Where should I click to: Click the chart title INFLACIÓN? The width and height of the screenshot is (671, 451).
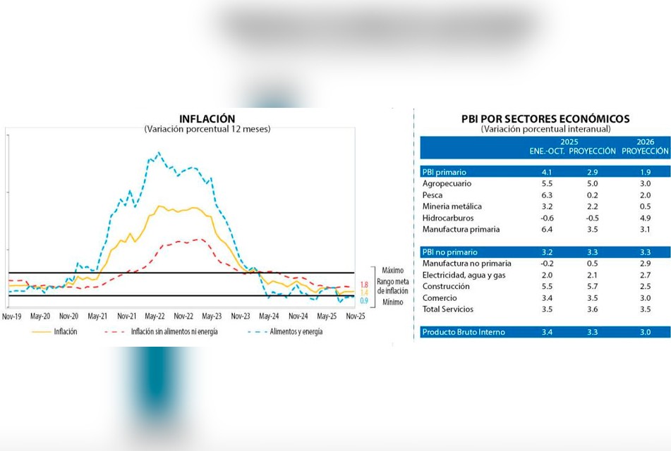[207, 118]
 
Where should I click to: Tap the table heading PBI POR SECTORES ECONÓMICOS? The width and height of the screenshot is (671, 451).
[545, 119]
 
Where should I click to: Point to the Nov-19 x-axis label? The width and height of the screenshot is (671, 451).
[11, 316]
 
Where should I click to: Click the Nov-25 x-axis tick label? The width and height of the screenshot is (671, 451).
[355, 316]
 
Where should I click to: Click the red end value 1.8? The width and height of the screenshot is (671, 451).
[364, 285]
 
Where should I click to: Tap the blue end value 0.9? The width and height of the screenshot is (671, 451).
[364, 301]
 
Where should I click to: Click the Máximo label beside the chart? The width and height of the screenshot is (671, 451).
[392, 270]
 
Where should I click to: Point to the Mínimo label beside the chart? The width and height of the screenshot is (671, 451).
[392, 302]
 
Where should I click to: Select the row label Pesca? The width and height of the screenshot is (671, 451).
[433, 195]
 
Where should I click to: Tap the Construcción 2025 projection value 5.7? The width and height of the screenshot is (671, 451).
[594, 286]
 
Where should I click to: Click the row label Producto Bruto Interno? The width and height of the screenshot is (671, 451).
[463, 332]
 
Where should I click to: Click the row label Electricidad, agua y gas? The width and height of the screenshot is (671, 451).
[464, 275]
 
